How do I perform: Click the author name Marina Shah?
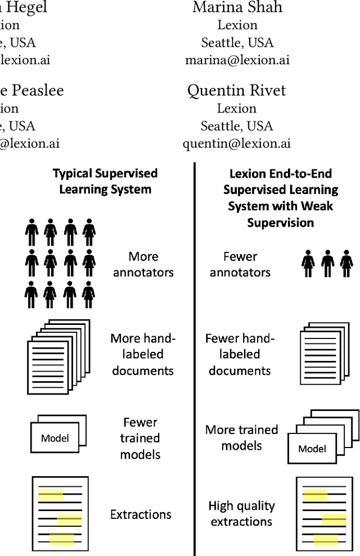237,8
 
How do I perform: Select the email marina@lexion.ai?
237,60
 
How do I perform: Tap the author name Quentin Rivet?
237,91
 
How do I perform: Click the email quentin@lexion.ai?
237,143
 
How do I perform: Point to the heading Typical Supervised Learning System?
105,181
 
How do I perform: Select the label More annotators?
143,264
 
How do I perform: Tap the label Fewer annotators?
240,264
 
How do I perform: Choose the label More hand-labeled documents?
143,354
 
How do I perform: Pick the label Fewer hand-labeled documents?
240,354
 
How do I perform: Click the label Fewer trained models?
140,438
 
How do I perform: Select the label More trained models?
242,437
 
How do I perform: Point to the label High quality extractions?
241,513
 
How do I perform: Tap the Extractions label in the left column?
141,514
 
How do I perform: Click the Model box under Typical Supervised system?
55,438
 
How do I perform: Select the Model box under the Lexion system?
312,448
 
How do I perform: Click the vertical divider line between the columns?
195,360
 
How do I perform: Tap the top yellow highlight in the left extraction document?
51,496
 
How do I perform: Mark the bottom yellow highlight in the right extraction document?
326,540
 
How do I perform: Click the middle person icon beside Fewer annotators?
327,263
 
